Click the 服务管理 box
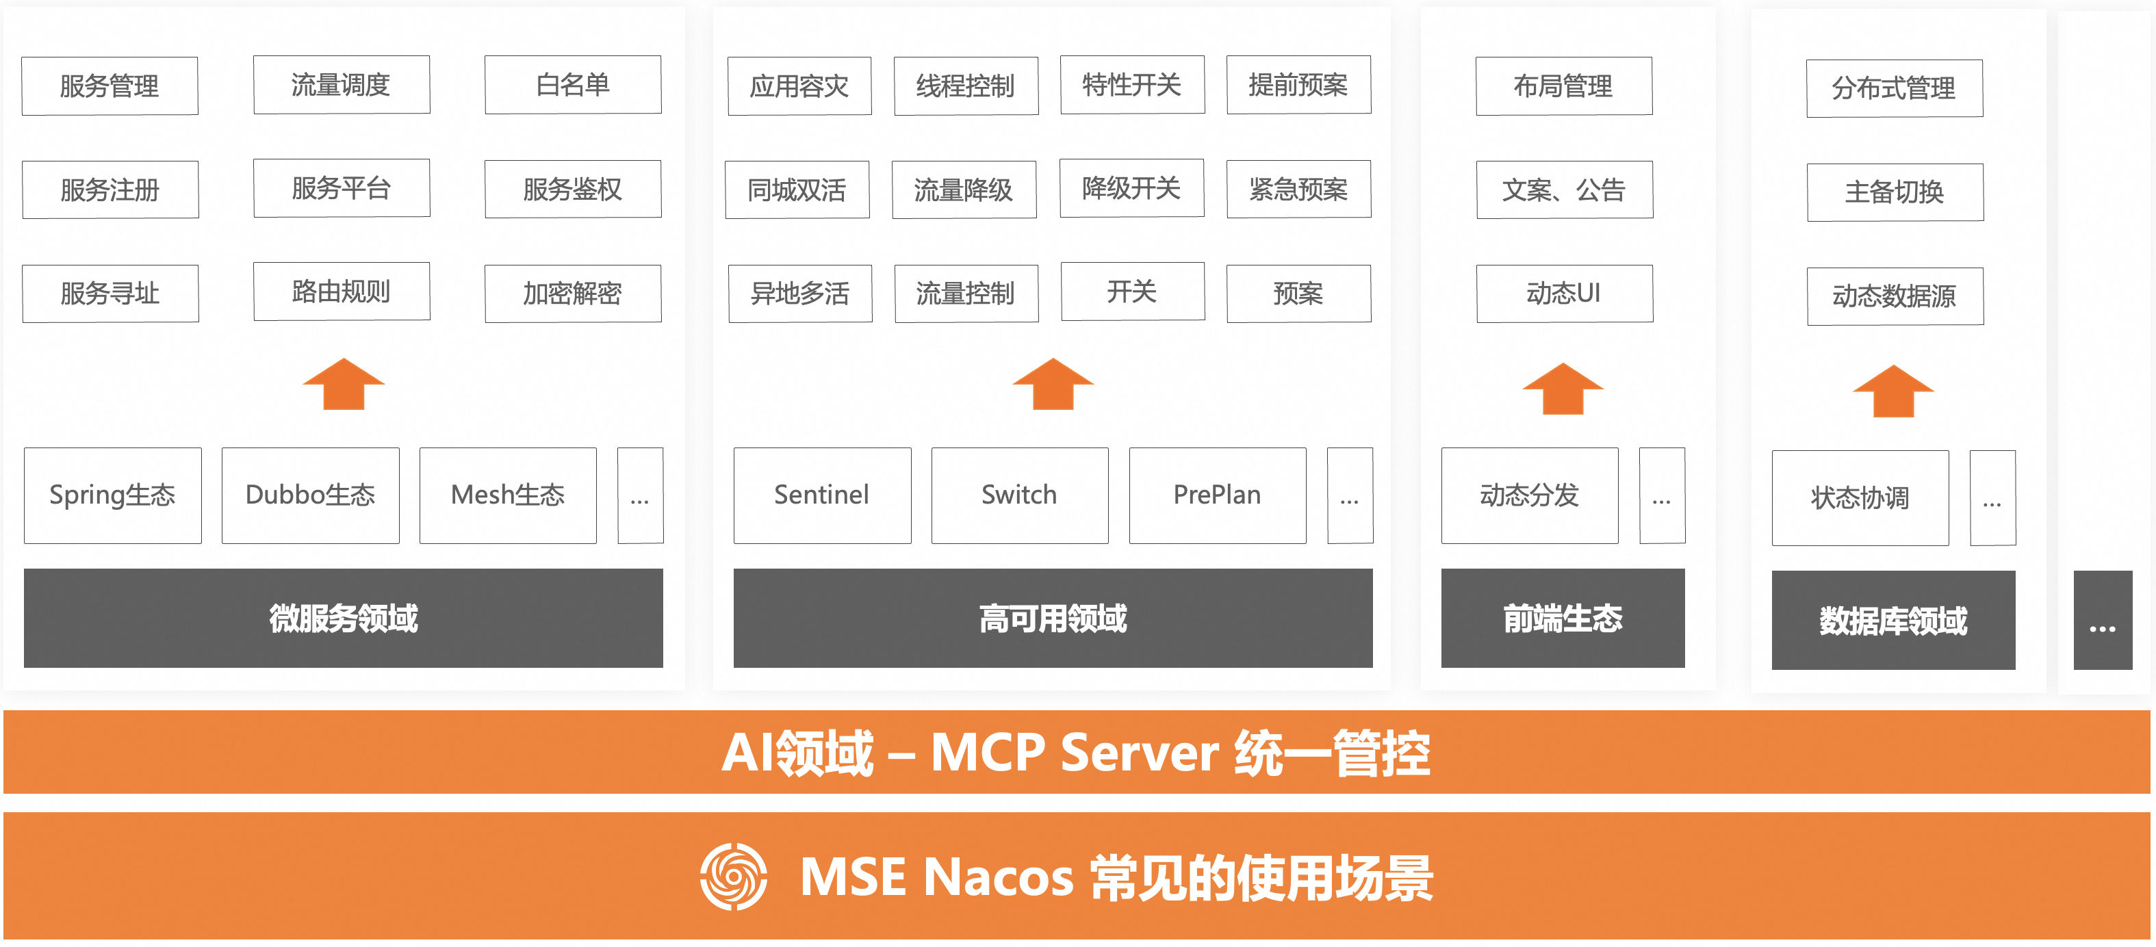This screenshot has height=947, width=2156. click(110, 86)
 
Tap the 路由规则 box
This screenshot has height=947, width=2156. click(342, 291)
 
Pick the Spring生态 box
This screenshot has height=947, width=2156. click(112, 495)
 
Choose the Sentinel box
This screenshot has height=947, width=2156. click(822, 495)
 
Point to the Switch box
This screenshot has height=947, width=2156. click(1019, 495)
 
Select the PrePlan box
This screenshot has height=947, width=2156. click(1217, 495)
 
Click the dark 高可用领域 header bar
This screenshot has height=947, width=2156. click(1052, 619)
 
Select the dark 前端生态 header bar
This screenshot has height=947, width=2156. click(1562, 619)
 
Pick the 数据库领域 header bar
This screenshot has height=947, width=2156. click(1892, 620)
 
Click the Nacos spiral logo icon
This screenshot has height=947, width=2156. click(733, 876)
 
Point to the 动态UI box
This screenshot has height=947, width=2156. click(1563, 293)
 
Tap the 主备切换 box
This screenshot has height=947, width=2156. click(1894, 192)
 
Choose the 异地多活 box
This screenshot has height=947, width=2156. click(799, 293)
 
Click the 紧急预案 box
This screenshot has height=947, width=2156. click(1298, 189)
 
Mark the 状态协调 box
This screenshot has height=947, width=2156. click(1860, 497)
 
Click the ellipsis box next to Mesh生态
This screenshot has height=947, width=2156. click(640, 495)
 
